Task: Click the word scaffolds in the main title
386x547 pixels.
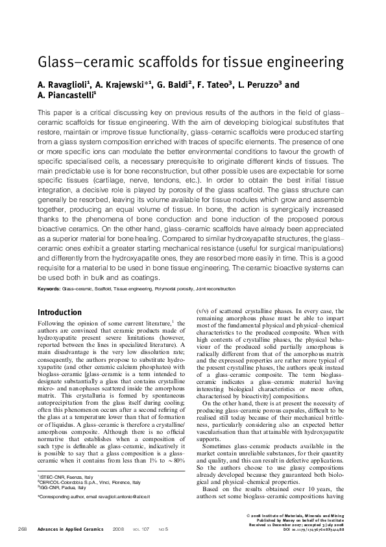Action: (x=176, y=63)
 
